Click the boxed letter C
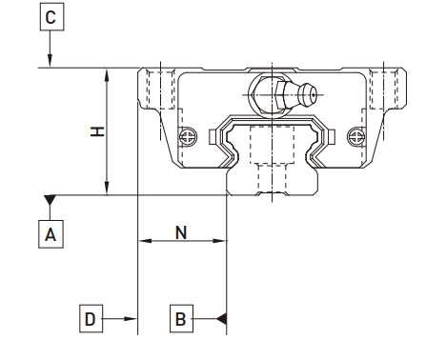tap(51, 17)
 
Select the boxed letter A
tap(51, 234)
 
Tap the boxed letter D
tap(91, 319)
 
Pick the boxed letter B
tap(181, 319)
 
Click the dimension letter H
tap(97, 131)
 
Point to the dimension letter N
tap(181, 232)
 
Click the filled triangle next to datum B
tap(222, 319)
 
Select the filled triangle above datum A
tap(50, 200)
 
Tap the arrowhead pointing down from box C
tap(50, 61)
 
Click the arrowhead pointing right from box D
tap(131, 319)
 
